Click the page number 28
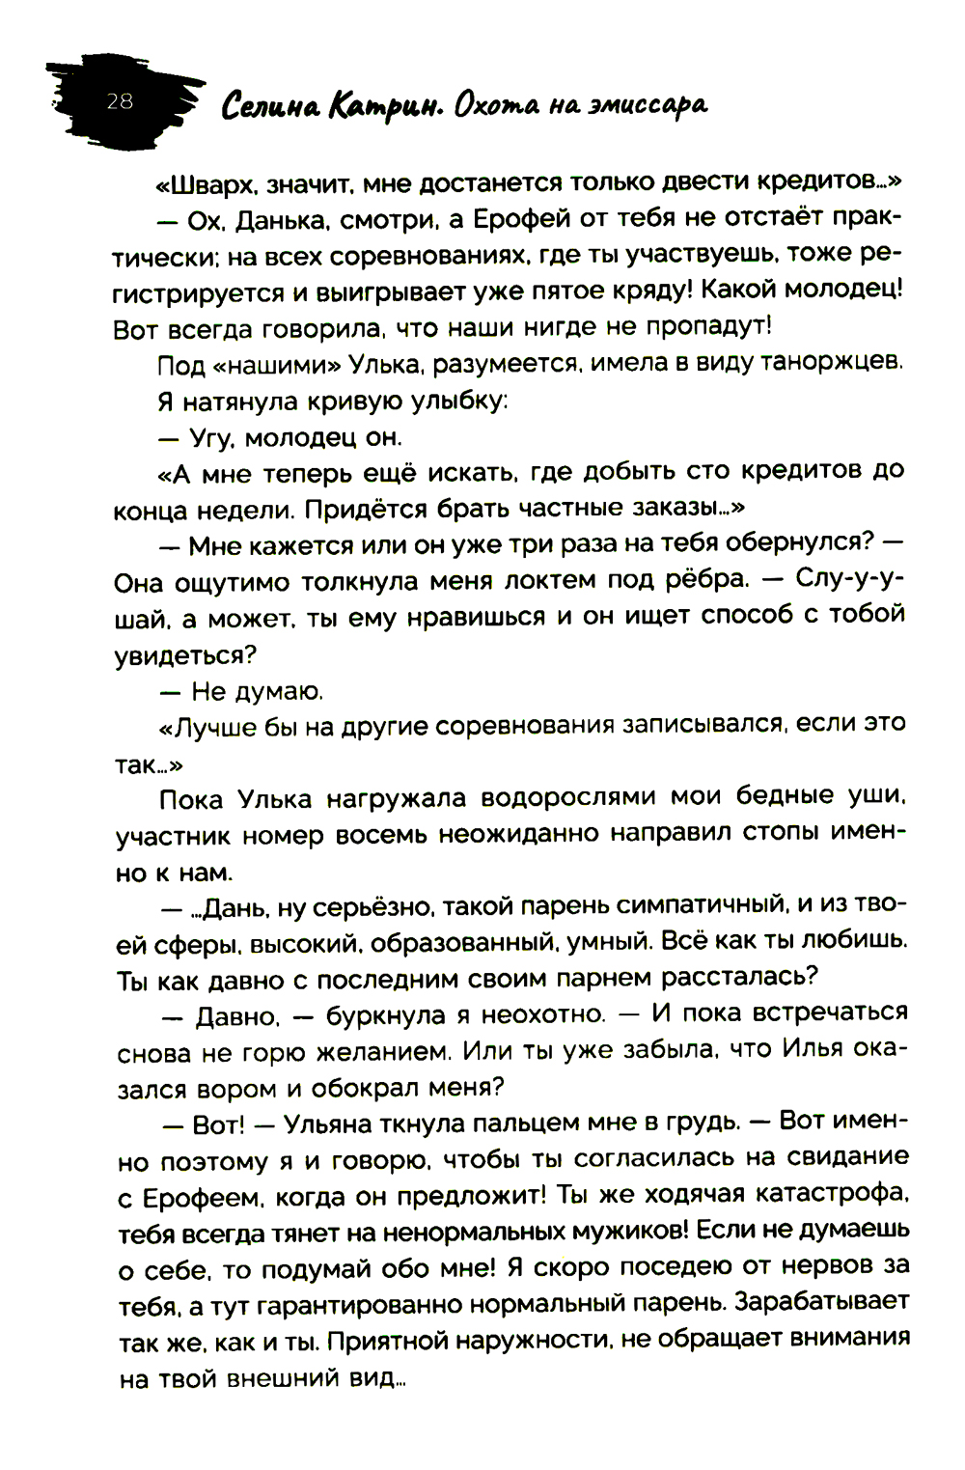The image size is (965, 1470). [120, 100]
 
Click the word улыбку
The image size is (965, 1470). [439, 402]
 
